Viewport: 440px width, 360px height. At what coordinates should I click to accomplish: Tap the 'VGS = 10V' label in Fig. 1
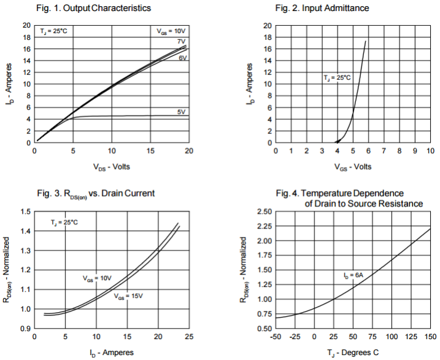click(169, 30)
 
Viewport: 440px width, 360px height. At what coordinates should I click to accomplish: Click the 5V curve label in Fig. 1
click(182, 111)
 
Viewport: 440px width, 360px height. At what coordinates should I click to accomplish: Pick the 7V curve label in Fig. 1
click(182, 41)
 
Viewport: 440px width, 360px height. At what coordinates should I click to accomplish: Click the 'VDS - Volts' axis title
click(112, 167)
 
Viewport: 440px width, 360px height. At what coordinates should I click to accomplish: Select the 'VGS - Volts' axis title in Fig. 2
click(353, 167)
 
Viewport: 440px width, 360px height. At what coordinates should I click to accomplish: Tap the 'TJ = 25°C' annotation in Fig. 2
click(337, 78)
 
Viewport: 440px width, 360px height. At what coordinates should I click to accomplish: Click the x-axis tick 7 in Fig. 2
click(384, 151)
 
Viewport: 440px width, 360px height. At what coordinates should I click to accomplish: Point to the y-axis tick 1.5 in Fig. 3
click(25, 212)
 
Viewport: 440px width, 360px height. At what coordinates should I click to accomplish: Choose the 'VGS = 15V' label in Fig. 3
click(128, 297)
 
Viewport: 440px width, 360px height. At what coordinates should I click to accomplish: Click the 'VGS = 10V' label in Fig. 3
click(98, 278)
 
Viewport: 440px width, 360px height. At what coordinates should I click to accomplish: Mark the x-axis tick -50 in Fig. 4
click(275, 337)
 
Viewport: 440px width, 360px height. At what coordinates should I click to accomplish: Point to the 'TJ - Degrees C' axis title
click(353, 353)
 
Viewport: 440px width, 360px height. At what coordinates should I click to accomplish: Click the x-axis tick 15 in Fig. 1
click(150, 151)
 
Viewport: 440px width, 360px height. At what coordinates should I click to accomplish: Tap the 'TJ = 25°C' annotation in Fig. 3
click(64, 222)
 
